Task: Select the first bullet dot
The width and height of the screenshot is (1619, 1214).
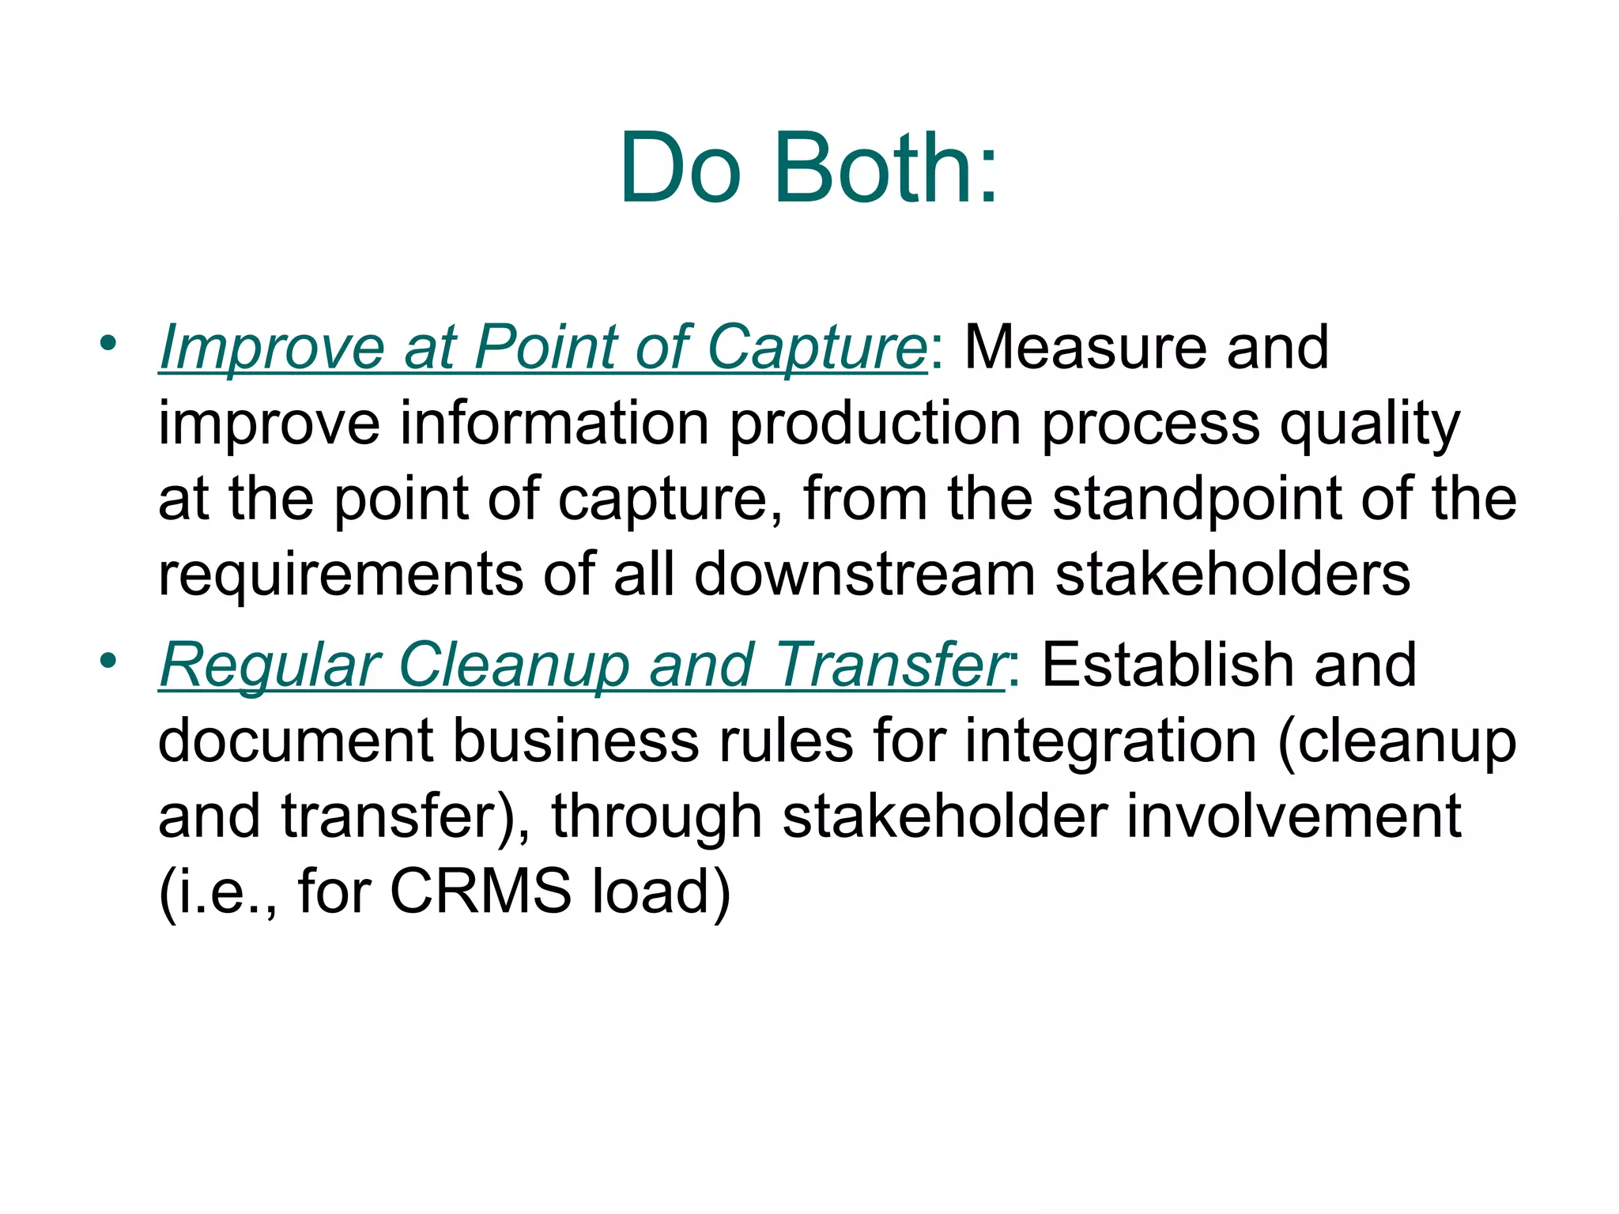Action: [x=108, y=342]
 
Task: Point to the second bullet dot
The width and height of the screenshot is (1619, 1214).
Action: [x=108, y=659]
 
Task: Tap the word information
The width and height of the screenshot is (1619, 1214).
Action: [x=554, y=424]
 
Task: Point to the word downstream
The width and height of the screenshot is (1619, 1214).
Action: [x=865, y=574]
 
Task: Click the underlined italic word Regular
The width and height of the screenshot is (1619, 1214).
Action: [x=270, y=665]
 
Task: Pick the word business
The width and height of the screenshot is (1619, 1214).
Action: [x=576, y=741]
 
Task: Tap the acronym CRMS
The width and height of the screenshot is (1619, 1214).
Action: [x=480, y=892]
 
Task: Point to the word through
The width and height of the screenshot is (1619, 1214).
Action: [x=657, y=817]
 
